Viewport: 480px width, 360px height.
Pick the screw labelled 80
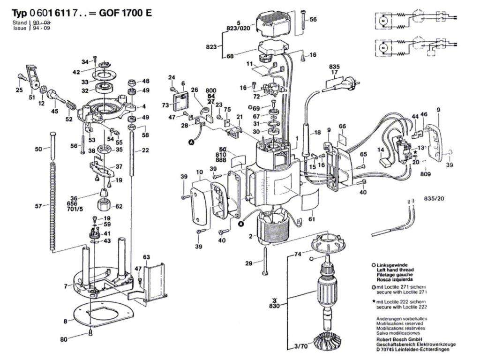90,333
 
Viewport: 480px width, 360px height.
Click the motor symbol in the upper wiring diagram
382,21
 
